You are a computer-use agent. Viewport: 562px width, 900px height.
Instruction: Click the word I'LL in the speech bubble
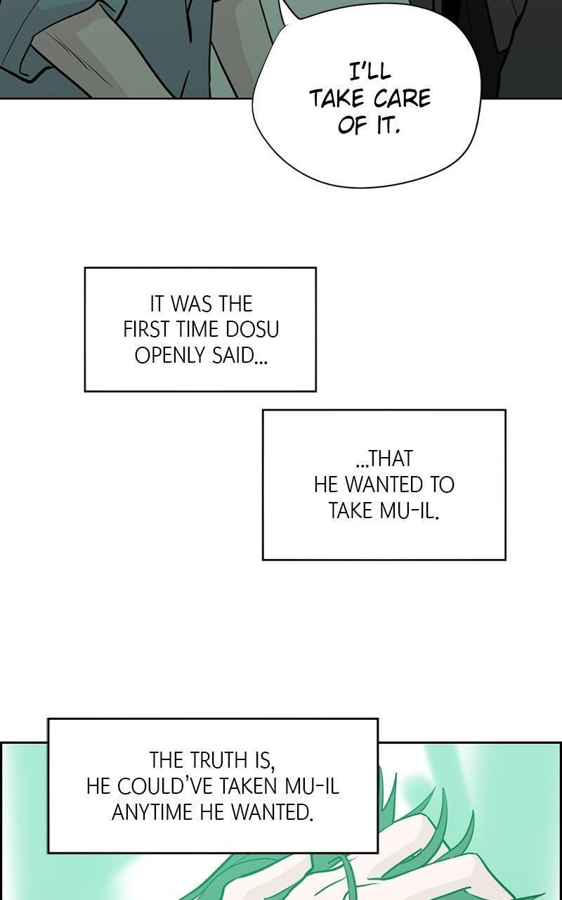pos(370,72)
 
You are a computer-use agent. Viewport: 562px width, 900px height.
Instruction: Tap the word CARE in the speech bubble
pos(403,99)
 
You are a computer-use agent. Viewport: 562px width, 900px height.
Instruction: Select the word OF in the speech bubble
pos(352,126)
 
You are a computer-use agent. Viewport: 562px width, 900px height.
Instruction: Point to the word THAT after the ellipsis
pos(384,459)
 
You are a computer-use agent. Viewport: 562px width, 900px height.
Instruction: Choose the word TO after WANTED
pos(440,484)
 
